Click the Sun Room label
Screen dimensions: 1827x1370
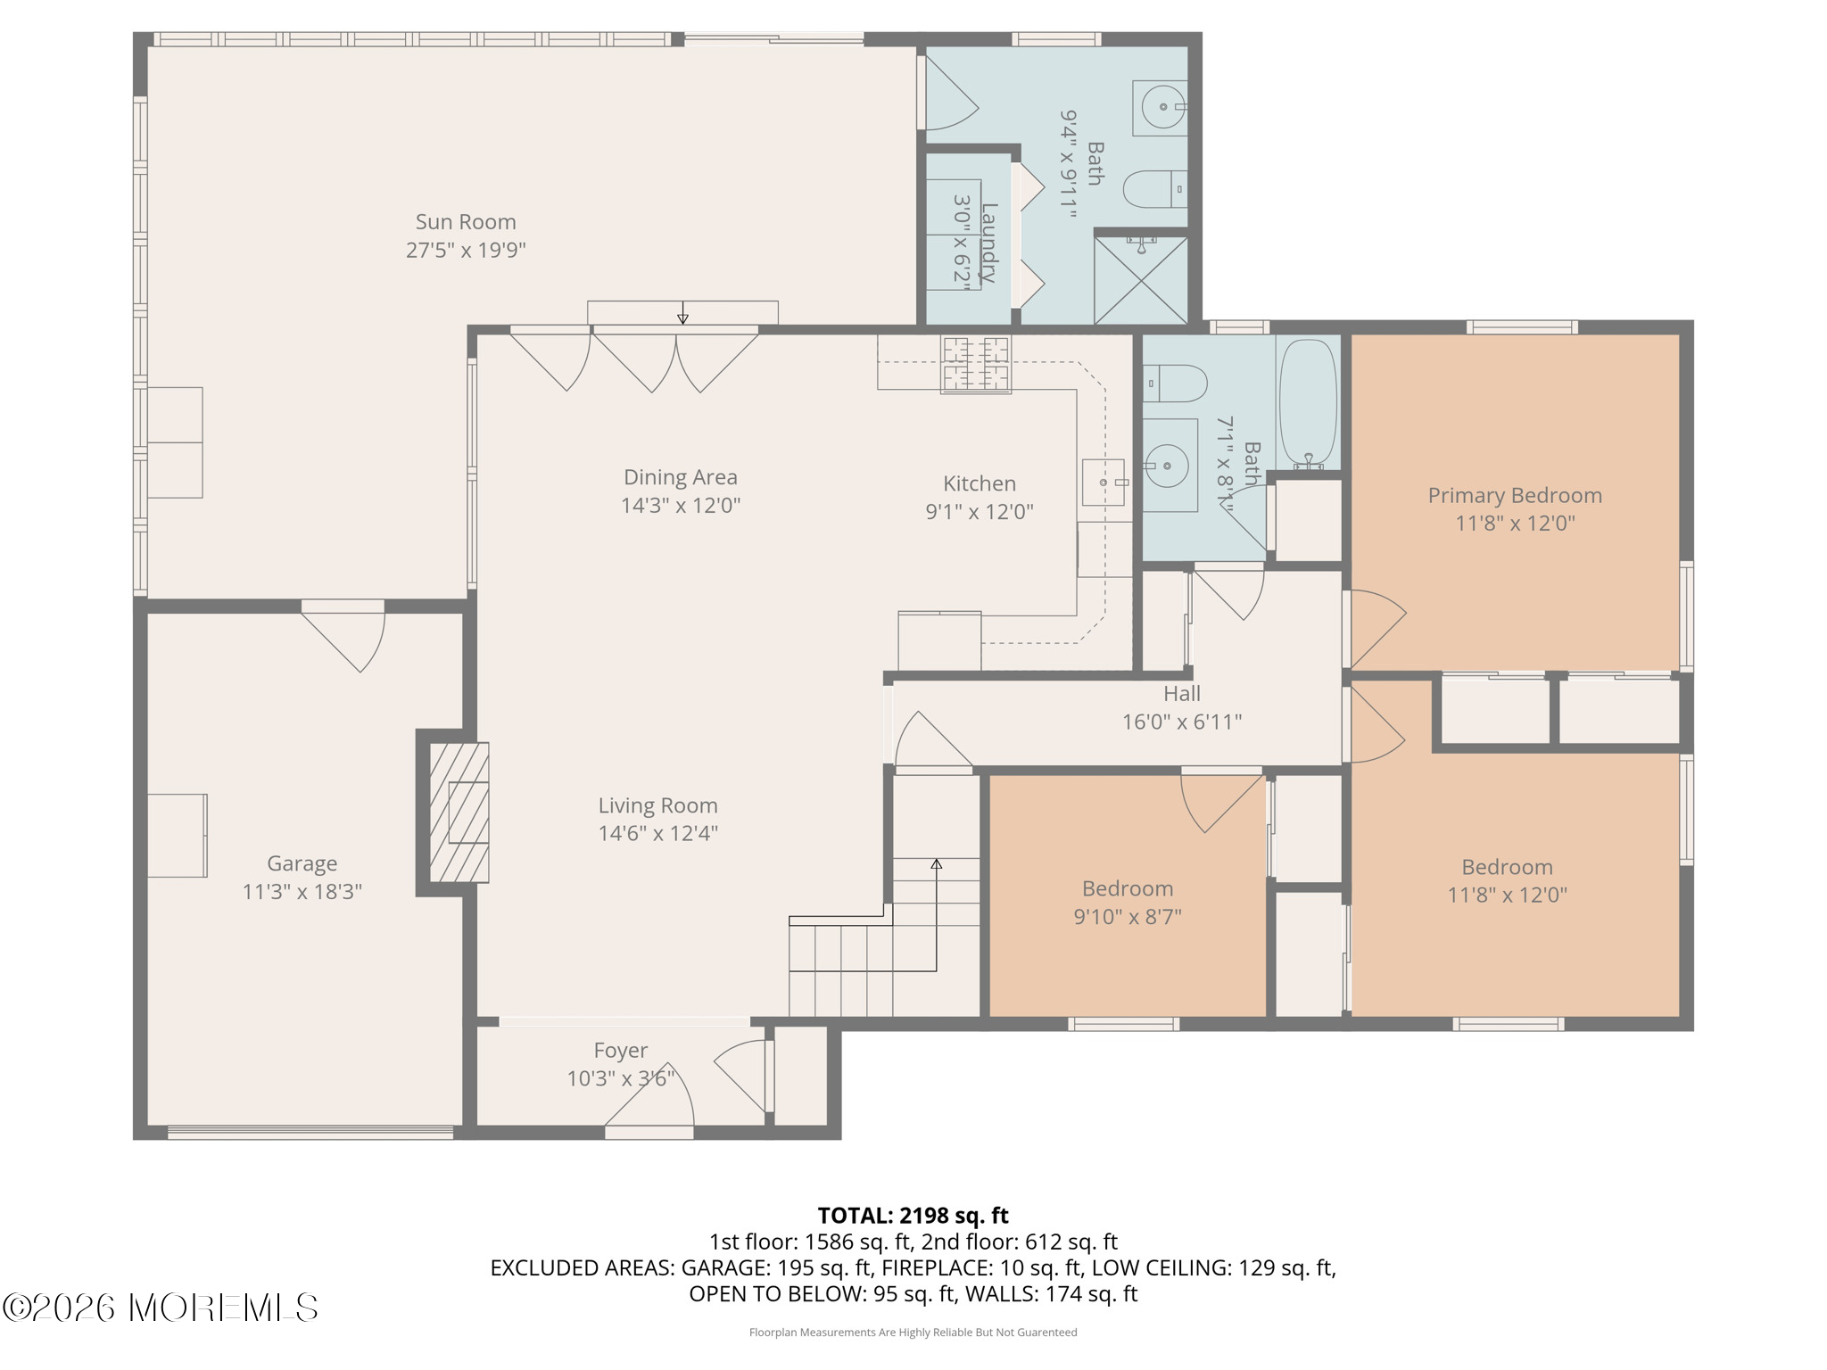tap(466, 222)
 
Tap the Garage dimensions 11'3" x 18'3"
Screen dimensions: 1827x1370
tap(302, 891)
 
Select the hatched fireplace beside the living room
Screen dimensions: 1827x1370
tap(459, 813)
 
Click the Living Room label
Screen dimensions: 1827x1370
tap(658, 805)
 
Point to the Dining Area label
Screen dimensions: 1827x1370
tap(681, 477)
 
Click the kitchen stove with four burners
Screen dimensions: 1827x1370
tap(976, 364)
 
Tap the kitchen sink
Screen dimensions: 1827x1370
tap(1104, 482)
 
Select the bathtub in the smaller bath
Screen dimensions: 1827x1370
tap(1309, 403)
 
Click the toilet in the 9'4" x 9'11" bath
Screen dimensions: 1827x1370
tap(1155, 189)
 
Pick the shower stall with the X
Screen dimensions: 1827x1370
tap(1142, 278)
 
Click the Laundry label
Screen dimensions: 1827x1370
tap(988, 243)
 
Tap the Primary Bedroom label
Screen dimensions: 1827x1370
tap(1515, 495)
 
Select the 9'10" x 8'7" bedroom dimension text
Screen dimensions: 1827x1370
tap(1128, 916)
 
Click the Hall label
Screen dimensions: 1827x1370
tap(1182, 693)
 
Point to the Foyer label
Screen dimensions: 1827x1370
tap(621, 1051)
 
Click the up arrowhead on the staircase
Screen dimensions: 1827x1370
tap(937, 863)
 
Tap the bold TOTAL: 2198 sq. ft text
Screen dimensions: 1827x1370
tap(913, 1215)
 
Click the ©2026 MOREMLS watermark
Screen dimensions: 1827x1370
tap(161, 1308)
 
